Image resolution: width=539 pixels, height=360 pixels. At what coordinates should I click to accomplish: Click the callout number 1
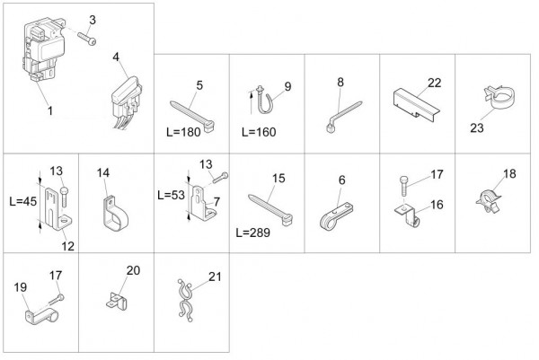click(50, 110)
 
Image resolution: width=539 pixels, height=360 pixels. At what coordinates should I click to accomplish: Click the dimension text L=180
click(183, 132)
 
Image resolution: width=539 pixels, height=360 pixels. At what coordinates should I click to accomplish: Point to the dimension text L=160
click(259, 132)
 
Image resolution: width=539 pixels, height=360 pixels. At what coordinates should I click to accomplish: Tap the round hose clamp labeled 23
click(500, 98)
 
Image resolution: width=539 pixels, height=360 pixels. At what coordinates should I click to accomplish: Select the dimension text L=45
click(23, 201)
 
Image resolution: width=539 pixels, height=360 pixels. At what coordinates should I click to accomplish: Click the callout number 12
click(67, 246)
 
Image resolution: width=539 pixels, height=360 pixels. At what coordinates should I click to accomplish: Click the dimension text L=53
click(172, 195)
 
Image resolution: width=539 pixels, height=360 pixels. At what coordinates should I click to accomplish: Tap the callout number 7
click(216, 202)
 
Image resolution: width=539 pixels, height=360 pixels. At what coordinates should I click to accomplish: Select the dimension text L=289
click(253, 233)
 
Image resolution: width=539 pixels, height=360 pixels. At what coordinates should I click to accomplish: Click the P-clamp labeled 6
click(337, 216)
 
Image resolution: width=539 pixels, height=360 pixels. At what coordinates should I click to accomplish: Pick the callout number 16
click(437, 205)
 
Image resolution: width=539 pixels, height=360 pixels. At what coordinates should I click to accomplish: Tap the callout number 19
click(21, 287)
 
